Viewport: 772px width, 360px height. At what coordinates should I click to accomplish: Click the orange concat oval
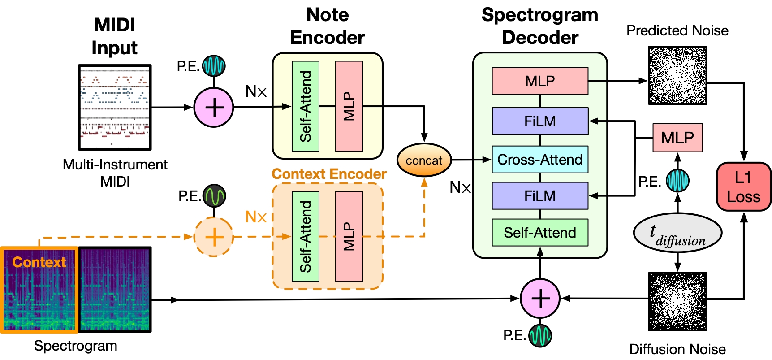424,160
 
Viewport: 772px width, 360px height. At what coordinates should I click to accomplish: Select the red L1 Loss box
743,187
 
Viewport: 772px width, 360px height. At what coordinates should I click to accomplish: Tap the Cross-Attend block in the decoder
540,160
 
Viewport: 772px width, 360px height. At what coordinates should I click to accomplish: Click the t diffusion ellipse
677,233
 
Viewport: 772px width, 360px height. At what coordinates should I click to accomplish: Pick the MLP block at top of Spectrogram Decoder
540,81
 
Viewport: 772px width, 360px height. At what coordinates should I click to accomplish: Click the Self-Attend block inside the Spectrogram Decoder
540,233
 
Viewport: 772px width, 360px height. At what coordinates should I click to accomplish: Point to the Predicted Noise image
677,75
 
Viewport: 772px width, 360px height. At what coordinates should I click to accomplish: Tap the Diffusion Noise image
677,301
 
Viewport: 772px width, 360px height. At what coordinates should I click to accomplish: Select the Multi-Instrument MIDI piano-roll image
115,107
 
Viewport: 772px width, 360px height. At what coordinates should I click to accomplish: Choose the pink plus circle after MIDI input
214,108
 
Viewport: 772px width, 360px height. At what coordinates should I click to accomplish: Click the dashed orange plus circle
214,237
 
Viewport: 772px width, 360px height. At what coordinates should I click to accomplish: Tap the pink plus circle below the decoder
540,299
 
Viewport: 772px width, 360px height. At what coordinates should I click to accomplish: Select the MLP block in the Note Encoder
349,106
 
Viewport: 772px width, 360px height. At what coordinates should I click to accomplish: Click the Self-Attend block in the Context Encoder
306,236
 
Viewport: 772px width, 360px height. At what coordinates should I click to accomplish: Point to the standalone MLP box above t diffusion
677,138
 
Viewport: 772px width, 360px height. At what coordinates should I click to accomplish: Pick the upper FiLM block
540,121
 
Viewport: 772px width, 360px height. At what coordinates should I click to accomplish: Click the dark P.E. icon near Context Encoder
214,195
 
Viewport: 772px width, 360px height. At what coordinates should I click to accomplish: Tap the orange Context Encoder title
329,174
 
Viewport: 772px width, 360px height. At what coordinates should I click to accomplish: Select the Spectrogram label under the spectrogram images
76,346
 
